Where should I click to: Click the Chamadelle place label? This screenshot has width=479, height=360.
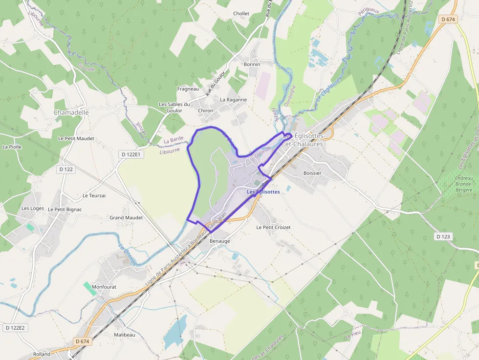pos(71,112)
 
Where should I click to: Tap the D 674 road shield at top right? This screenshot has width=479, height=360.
pos(448,20)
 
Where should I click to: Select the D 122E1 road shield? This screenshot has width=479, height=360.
pos(131,154)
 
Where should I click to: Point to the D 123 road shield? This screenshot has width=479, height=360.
pos(442,236)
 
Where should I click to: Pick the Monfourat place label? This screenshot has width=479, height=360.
pos(104,287)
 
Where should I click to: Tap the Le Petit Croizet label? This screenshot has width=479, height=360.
pos(273,228)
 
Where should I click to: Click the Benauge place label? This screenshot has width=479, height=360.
pos(219,241)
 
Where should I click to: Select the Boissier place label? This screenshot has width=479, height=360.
pos(312,173)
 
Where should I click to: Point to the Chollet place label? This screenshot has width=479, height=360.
pos(241,14)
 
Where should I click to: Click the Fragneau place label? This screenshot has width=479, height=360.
pos(188,89)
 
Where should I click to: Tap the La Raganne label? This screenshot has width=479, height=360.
pos(233,100)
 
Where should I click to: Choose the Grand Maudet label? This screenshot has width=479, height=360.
pos(126,218)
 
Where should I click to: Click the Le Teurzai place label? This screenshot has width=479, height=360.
pos(94,195)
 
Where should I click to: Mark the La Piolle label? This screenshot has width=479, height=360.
pos(12,147)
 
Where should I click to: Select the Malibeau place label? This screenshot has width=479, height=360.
pos(124,335)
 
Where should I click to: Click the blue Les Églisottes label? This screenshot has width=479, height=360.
pos(263,192)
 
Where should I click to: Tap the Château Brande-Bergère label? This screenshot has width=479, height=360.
pos(464,184)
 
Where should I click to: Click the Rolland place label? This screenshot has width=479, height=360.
pos(42,354)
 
